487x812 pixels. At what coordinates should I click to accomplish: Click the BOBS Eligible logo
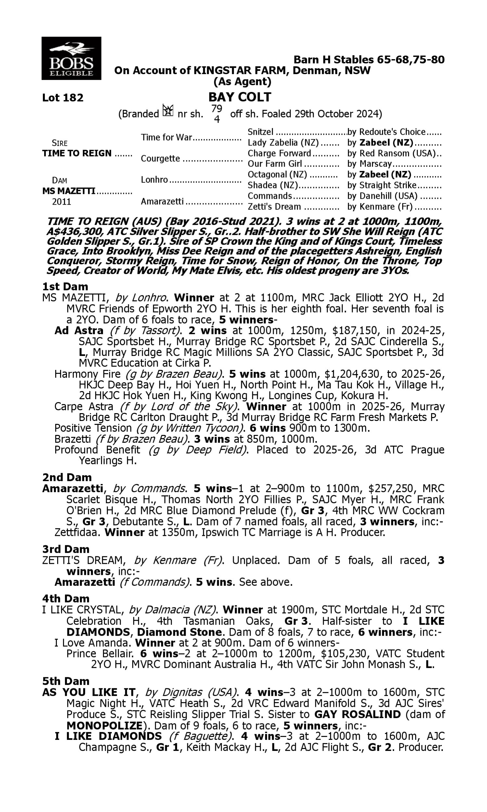click(71, 58)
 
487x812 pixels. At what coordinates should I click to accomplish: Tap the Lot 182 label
click(63, 98)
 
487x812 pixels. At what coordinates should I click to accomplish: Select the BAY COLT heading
click(240, 97)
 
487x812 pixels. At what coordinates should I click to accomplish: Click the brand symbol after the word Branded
click(168, 111)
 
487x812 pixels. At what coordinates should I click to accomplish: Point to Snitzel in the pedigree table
click(260, 132)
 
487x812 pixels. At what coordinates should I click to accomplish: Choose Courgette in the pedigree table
click(160, 159)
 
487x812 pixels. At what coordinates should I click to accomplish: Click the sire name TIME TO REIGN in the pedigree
click(77, 153)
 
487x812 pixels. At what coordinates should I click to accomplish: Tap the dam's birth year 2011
click(61, 201)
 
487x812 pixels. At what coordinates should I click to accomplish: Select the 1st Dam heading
click(65, 286)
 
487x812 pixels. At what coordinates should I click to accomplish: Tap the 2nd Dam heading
click(67, 477)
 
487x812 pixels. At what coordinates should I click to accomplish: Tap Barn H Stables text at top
click(369, 59)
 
